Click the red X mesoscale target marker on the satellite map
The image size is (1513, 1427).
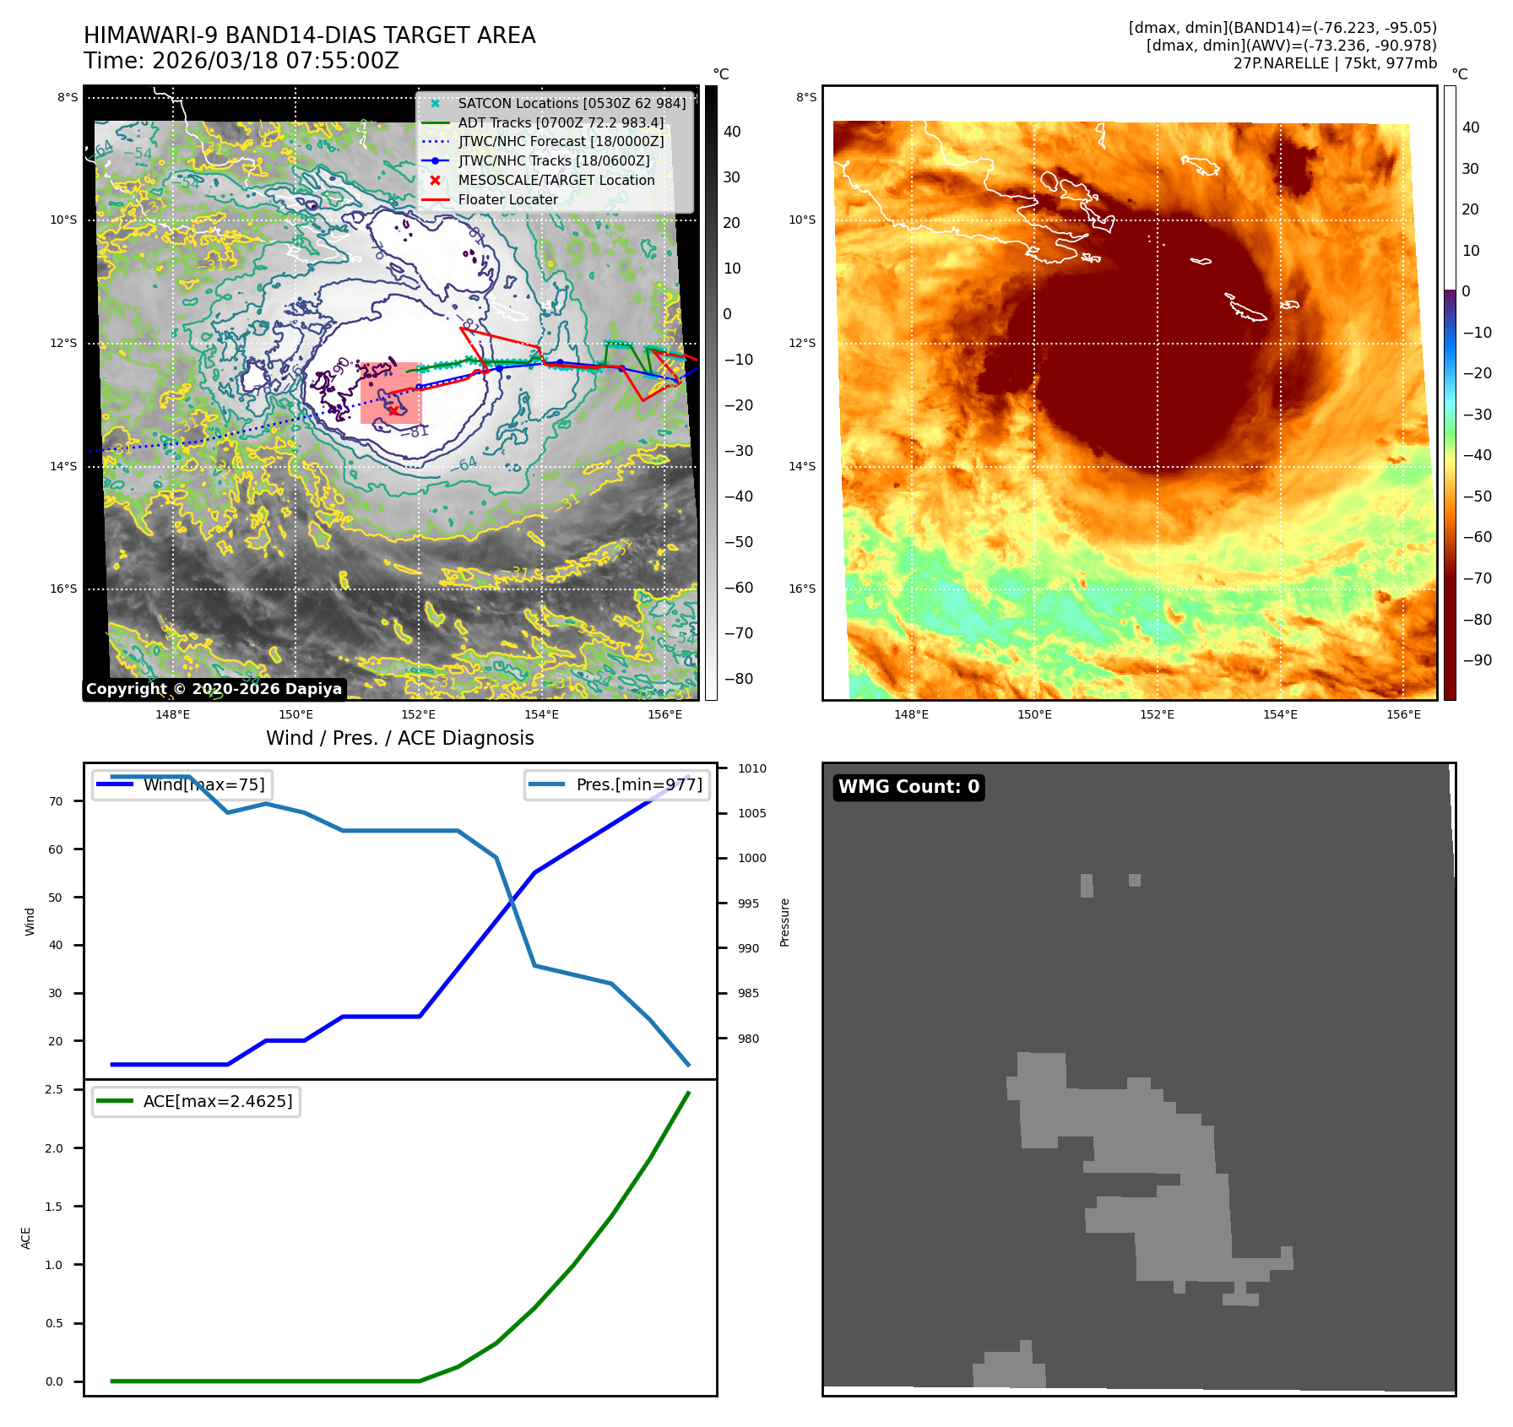click(393, 410)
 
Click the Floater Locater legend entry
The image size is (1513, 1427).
click(507, 200)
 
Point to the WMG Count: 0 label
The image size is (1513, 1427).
click(908, 787)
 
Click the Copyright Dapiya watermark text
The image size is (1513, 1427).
click(214, 689)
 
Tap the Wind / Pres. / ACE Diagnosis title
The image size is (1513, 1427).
click(399, 739)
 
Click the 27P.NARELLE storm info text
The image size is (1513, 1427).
click(1334, 64)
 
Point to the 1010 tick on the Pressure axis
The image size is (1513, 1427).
click(751, 769)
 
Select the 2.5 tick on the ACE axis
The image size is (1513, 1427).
click(54, 1090)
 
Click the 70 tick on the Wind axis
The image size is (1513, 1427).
click(56, 801)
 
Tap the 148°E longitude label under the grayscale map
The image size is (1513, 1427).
click(172, 715)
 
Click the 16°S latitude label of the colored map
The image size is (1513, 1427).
click(802, 589)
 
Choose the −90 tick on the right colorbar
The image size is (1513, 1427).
click(1477, 660)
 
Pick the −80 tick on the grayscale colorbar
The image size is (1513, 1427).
click(738, 679)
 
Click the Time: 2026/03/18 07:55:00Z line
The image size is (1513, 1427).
click(241, 62)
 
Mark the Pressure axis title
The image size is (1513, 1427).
click(784, 922)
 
